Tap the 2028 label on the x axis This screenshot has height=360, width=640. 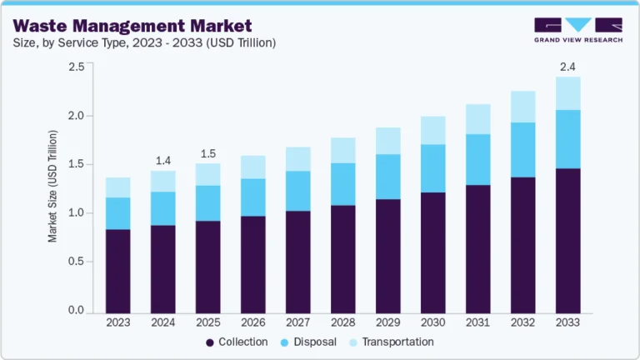(x=343, y=321)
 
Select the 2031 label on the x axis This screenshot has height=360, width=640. (x=477, y=321)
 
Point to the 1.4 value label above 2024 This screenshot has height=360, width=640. (x=162, y=160)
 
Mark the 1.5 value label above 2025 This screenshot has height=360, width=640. (x=207, y=153)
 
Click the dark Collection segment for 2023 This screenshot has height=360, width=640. (x=117, y=269)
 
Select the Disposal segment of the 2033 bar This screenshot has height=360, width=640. (x=567, y=138)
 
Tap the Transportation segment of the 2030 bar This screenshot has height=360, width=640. (x=432, y=130)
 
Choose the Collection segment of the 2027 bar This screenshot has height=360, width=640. (x=297, y=261)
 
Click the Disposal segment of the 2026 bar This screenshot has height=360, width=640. (x=252, y=197)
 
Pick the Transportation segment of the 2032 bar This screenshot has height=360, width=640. (x=522, y=107)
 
